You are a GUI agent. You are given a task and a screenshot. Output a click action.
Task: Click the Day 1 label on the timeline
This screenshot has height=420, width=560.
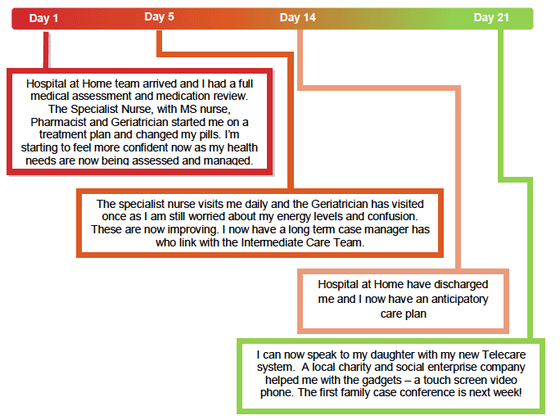[43, 18]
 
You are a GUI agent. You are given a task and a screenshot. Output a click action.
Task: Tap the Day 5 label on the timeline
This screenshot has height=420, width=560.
[159, 16]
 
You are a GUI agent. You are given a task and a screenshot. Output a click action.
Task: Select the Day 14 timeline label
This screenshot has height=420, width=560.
[298, 17]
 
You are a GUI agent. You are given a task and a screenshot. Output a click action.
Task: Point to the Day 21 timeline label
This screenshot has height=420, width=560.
[491, 17]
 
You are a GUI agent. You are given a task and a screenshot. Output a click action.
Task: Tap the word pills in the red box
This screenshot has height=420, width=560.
[210, 134]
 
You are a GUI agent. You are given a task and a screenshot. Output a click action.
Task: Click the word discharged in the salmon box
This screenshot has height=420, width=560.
[461, 284]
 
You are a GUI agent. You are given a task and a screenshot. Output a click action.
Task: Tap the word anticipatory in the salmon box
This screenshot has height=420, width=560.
[459, 299]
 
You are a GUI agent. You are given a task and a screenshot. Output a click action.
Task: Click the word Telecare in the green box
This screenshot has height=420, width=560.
[504, 355]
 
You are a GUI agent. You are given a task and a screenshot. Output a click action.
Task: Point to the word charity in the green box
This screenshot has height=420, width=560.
[351, 367]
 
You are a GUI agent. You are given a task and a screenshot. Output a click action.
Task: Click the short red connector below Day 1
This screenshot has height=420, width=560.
[46, 50]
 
